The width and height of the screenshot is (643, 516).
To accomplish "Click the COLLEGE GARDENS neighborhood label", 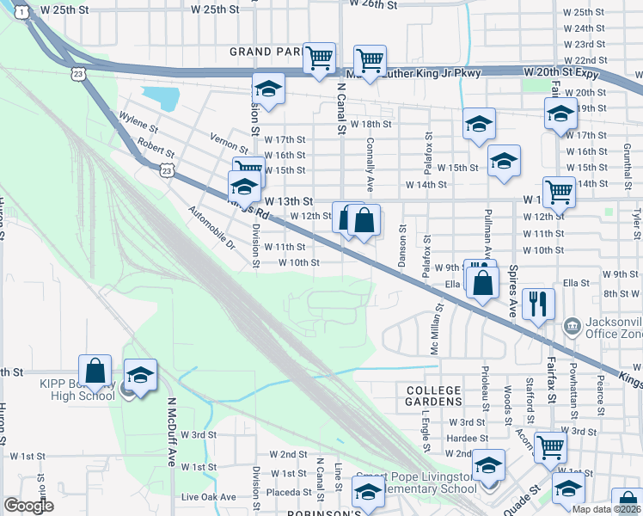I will click(434, 395).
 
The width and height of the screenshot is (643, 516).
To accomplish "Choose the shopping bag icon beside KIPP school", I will click(95, 372).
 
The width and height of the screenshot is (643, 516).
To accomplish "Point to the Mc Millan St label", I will click(435, 327).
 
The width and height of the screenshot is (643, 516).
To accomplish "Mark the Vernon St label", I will click(228, 137).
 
